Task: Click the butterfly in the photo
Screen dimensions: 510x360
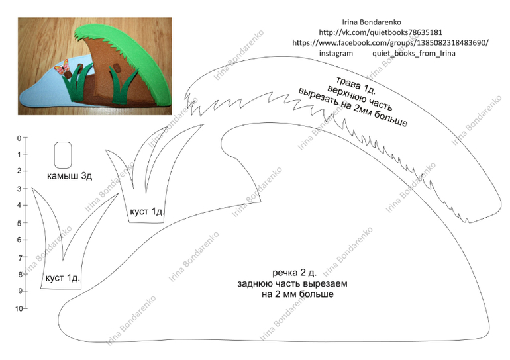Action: click(62, 67)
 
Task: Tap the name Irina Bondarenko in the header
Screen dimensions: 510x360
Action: click(372, 22)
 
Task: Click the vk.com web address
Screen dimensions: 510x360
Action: click(381, 32)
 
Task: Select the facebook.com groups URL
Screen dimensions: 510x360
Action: click(390, 42)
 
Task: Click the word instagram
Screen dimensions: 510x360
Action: click(336, 53)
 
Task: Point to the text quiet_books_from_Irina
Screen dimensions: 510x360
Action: click(414, 54)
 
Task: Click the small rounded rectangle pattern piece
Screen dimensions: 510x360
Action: click(63, 155)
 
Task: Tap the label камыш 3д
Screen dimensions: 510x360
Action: click(70, 176)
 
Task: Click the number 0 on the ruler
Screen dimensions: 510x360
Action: click(19, 138)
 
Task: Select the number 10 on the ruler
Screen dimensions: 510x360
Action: click(19, 308)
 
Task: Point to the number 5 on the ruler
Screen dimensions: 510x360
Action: click(19, 223)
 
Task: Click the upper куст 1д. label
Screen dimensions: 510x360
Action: click(147, 212)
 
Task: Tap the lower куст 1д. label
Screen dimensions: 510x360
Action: click(63, 278)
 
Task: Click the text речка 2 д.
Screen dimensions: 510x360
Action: click(294, 272)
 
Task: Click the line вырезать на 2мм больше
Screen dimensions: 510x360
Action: click(352, 107)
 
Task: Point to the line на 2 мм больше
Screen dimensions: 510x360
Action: click(297, 294)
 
